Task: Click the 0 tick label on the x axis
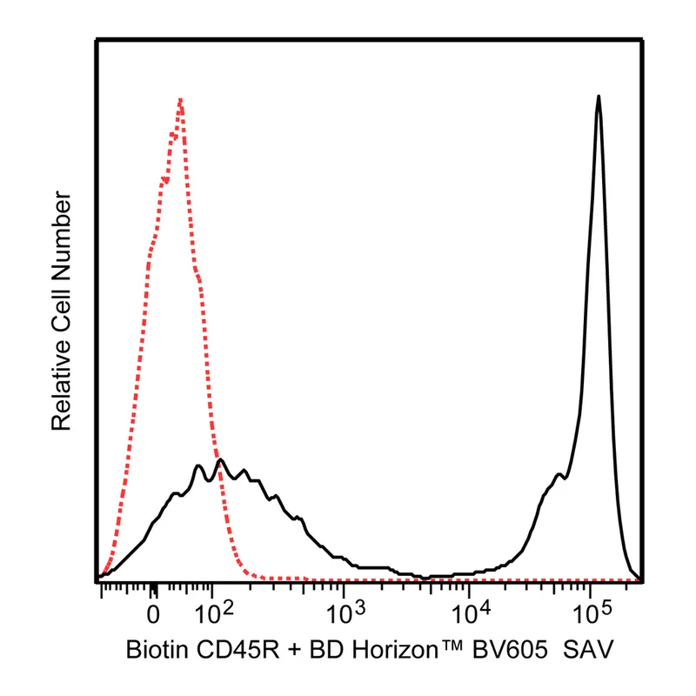pos(153,614)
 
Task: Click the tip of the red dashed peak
pos(180,99)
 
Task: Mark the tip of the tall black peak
pos(599,97)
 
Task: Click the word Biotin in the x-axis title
pos(155,650)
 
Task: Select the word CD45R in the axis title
pos(238,650)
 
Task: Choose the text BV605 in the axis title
pos(510,650)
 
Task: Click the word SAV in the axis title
pos(588,650)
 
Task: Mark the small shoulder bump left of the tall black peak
pos(559,475)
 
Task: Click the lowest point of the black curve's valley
pos(425,578)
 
